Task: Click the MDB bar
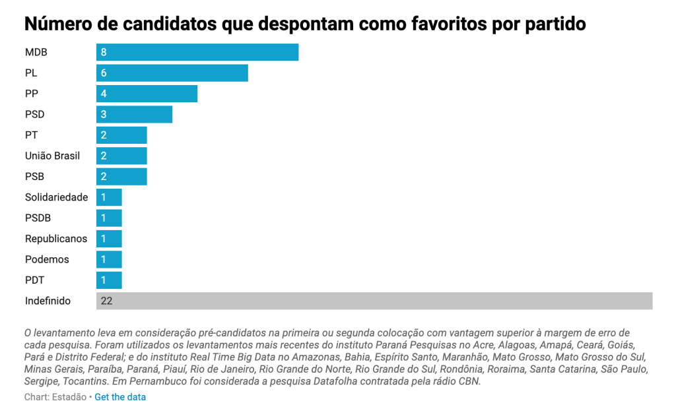tap(197, 52)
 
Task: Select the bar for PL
tap(172, 73)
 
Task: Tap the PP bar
tap(147, 94)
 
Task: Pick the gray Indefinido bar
tap(374, 301)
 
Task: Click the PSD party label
tap(35, 114)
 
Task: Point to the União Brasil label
tap(52, 156)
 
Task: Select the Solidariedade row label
tap(56, 197)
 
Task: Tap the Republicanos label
tap(55, 239)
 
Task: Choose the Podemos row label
tap(47, 259)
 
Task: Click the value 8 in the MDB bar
tap(104, 52)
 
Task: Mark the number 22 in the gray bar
tap(106, 301)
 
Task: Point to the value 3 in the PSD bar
tap(104, 114)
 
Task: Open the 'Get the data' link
tap(120, 397)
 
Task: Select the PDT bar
tap(109, 280)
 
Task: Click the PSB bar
tap(121, 176)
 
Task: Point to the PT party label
tap(31, 135)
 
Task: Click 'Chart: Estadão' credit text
tap(55, 397)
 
